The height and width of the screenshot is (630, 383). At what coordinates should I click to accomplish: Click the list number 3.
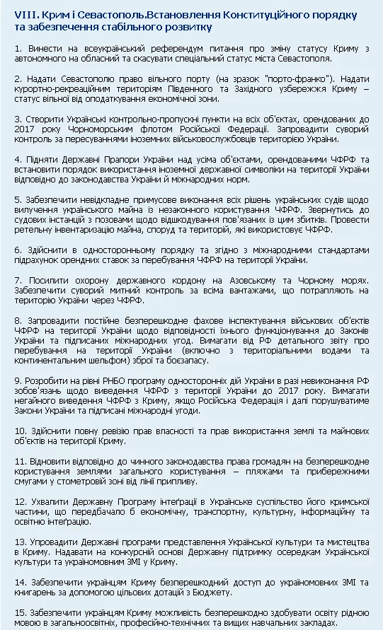17,119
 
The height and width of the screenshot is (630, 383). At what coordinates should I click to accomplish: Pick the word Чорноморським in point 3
90,130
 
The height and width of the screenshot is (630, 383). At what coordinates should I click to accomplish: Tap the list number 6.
17,250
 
